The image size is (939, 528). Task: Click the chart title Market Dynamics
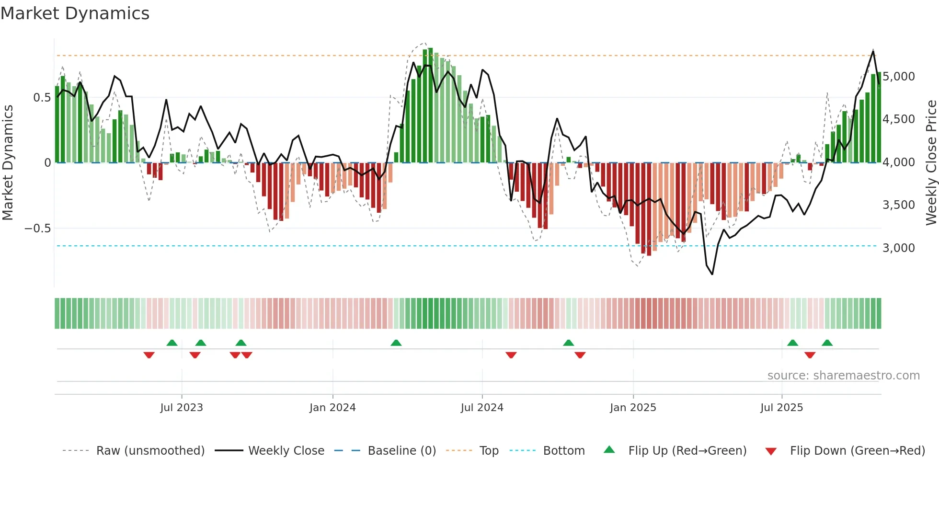[75, 13]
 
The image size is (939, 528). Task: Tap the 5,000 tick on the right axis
[898, 77]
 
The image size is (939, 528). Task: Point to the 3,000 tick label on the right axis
[898, 248]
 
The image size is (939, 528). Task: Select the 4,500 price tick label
[898, 119]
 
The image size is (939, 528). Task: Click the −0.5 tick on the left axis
[38, 229]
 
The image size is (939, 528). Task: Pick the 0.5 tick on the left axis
[42, 98]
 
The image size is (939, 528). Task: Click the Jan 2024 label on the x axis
[332, 408]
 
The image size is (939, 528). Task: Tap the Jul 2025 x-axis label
[781, 408]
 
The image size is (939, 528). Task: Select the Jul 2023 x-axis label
[182, 408]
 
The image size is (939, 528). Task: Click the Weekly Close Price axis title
[931, 163]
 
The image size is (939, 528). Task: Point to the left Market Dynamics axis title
[8, 163]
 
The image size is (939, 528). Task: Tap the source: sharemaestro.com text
[843, 376]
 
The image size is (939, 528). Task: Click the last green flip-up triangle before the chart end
[827, 343]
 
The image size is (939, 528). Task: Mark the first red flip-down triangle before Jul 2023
[149, 355]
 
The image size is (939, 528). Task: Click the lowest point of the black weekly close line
[712, 274]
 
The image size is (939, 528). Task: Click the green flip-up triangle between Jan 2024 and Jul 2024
[396, 343]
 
